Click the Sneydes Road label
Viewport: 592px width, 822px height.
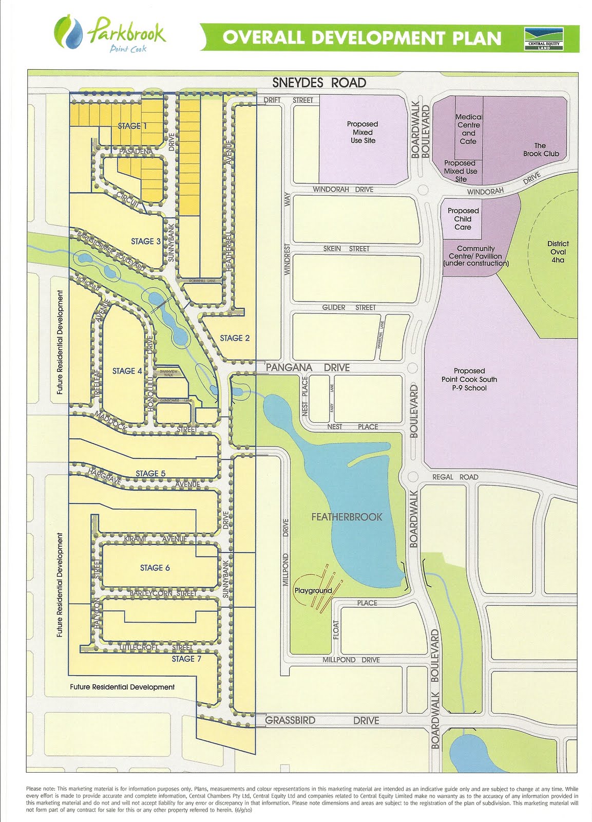pyautogui.click(x=319, y=83)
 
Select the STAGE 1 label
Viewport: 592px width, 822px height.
pyautogui.click(x=132, y=126)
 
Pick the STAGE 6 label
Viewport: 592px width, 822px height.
pyautogui.click(x=155, y=568)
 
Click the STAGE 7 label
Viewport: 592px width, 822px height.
pyautogui.click(x=186, y=659)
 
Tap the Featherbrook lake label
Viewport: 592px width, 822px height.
pyautogui.click(x=347, y=517)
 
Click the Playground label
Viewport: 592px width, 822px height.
pyautogui.click(x=313, y=590)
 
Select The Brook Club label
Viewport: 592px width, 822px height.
pyautogui.click(x=541, y=150)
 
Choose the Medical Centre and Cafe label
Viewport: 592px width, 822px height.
pyautogui.click(x=468, y=129)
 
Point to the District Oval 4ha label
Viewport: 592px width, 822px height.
pyautogui.click(x=558, y=252)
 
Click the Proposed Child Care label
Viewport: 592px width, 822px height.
pyautogui.click(x=463, y=219)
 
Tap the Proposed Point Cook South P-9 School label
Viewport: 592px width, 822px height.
pyautogui.click(x=469, y=379)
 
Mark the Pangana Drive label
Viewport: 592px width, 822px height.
pyautogui.click(x=308, y=368)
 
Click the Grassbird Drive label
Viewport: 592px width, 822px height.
pyautogui.click(x=322, y=721)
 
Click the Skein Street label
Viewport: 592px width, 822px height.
pyautogui.click(x=346, y=249)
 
